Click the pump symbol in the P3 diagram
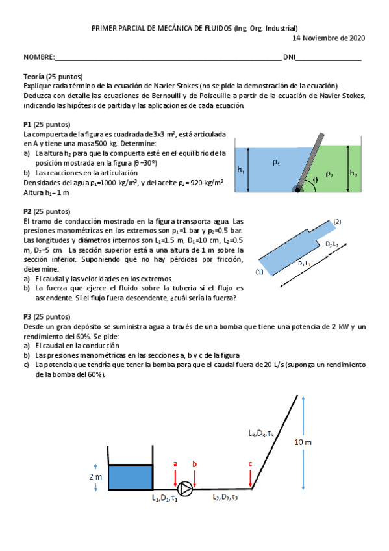186,488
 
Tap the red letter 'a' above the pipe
175,463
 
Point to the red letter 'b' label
194,463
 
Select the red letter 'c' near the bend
251,463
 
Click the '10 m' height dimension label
303,442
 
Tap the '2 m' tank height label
95,476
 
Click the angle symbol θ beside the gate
316,179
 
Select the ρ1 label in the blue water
276,164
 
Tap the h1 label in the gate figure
241,170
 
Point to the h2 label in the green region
353,173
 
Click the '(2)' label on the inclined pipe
337,222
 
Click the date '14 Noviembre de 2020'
330,38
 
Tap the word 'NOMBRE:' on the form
39,57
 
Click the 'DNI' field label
289,57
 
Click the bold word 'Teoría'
34,77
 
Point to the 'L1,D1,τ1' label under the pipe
164,498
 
